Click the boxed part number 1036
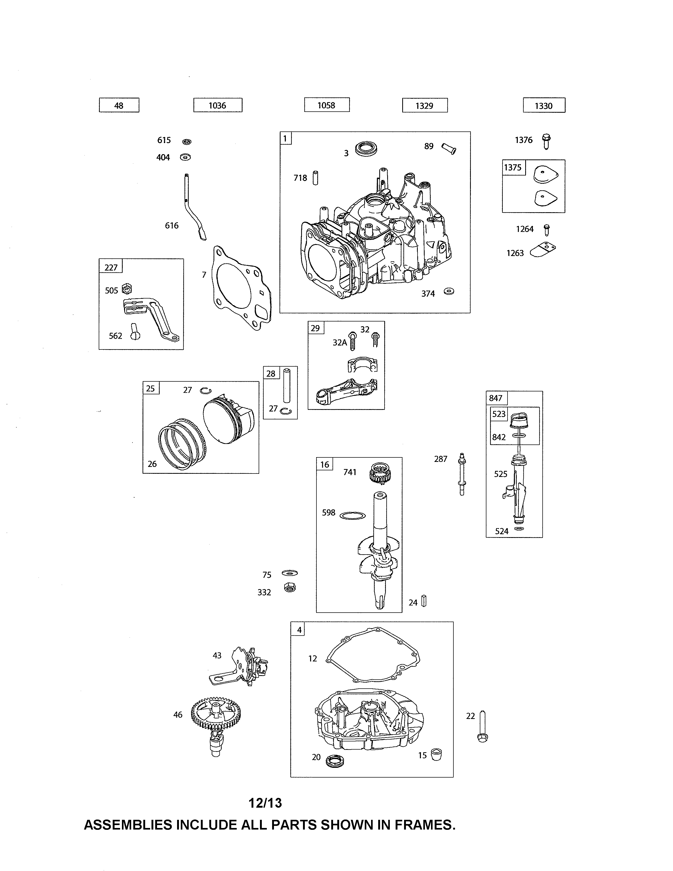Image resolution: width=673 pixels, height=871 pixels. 218,105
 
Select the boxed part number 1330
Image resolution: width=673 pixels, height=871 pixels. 544,106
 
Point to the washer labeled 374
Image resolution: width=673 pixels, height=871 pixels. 449,292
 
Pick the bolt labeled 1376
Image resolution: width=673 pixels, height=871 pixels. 546,141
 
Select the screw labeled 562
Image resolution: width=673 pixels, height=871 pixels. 135,332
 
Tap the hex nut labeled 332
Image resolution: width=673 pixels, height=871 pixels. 290,588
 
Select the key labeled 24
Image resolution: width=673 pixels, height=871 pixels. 424,601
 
